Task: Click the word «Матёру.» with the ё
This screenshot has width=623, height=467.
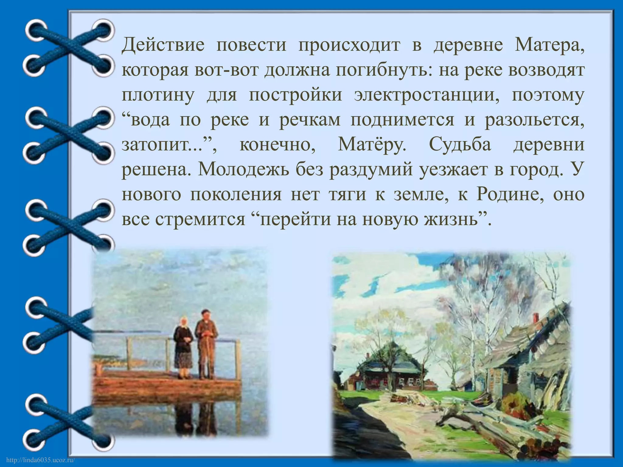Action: pos(372,145)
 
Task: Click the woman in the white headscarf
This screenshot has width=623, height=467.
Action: pos(183,347)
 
